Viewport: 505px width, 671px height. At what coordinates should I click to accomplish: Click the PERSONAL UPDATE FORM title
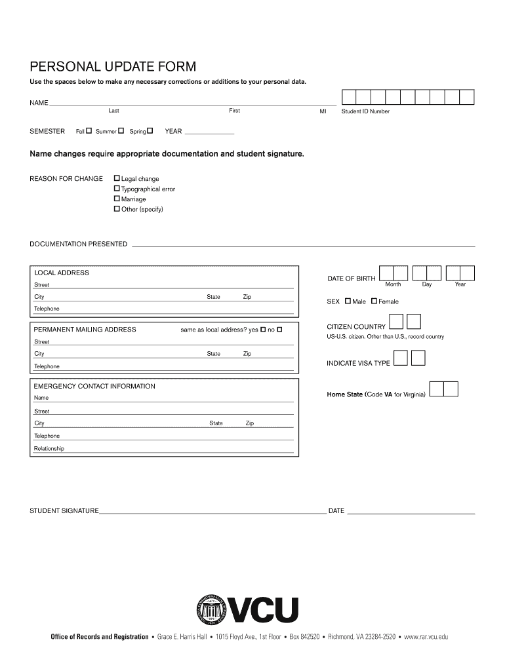[x=113, y=67]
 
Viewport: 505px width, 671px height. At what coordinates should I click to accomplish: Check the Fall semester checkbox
[x=89, y=131]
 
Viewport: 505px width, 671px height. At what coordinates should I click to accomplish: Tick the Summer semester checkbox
[x=121, y=131]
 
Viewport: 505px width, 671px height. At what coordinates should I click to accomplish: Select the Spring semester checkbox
[x=150, y=131]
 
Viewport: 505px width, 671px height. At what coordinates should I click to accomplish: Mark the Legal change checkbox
[x=117, y=178]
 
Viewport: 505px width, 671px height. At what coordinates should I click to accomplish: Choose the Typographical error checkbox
[x=117, y=189]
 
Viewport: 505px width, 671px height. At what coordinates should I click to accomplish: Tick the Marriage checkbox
[x=117, y=199]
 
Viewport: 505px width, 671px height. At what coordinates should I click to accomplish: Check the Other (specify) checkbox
[x=117, y=209]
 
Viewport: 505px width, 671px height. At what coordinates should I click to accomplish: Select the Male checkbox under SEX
[x=348, y=301]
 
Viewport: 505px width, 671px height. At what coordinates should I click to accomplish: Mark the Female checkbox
[x=374, y=301]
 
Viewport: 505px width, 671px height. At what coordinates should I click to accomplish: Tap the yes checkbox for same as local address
[x=263, y=330]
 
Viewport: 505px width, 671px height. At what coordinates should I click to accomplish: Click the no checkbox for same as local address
[x=279, y=330]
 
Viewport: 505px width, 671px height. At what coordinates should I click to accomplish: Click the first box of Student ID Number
[x=348, y=98]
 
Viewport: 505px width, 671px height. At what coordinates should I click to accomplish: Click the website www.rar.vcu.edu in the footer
[x=426, y=636]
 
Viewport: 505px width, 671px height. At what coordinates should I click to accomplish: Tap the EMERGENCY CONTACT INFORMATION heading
[x=94, y=386]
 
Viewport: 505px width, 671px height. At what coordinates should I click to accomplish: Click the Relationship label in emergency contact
[x=49, y=449]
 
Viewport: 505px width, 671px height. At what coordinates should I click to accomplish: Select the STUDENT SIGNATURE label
[x=64, y=510]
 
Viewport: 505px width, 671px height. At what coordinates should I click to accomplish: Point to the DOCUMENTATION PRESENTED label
[x=78, y=244]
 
